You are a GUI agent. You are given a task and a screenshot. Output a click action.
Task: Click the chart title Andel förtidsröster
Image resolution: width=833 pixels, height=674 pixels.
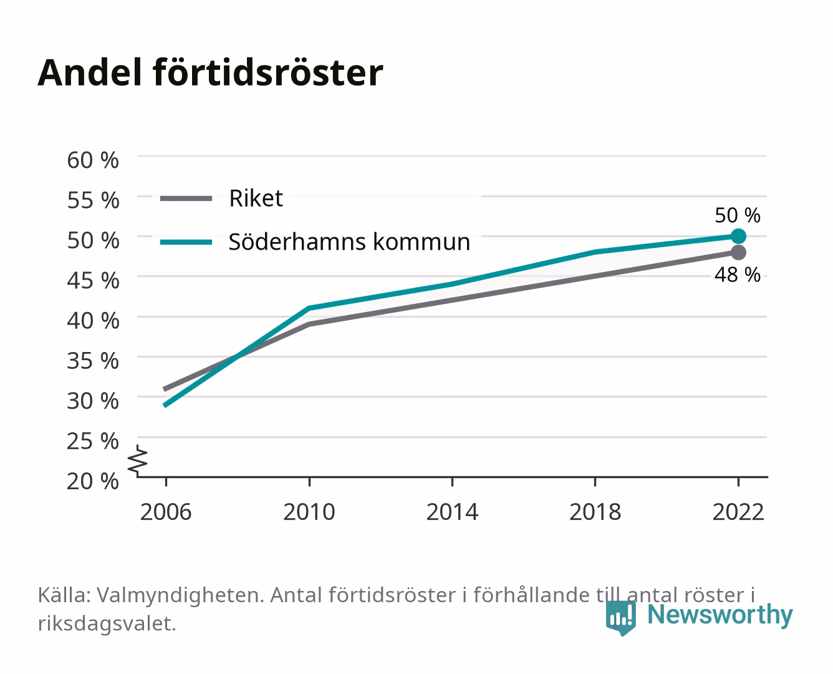click(210, 73)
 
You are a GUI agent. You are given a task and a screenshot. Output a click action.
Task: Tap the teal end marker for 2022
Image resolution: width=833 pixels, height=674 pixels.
click(738, 236)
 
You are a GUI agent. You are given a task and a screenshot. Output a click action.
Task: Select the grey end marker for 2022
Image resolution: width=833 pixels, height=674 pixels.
click(738, 253)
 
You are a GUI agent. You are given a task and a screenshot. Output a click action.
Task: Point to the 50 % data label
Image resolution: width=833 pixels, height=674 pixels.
click(738, 215)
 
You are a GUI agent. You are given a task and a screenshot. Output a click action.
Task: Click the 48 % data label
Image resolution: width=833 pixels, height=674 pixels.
click(738, 275)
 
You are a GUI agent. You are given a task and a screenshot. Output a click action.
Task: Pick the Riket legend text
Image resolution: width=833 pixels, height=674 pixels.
click(256, 198)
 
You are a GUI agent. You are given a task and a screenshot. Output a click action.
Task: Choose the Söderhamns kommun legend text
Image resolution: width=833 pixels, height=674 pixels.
click(349, 242)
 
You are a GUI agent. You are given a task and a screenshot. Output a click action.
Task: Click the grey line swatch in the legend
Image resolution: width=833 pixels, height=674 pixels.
click(186, 198)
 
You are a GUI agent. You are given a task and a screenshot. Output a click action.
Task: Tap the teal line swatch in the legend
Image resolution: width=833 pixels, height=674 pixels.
click(186, 242)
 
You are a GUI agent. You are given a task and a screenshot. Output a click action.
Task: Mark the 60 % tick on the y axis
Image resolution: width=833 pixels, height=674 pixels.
click(93, 160)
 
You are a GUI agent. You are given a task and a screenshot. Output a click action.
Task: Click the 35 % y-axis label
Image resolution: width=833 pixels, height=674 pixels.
click(93, 361)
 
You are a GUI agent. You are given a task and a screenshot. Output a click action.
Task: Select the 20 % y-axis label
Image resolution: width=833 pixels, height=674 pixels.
click(93, 481)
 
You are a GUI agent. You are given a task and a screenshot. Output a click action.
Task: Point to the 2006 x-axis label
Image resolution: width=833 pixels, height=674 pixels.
click(166, 512)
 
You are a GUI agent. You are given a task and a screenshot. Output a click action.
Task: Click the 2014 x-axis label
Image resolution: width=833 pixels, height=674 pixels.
click(452, 512)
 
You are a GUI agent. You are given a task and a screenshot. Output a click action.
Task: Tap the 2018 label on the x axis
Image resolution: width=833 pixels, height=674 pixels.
click(595, 512)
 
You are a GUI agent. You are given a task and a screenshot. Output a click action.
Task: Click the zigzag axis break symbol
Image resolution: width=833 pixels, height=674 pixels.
click(138, 461)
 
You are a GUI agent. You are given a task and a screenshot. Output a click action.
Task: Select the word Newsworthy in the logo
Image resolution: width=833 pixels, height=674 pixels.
click(720, 615)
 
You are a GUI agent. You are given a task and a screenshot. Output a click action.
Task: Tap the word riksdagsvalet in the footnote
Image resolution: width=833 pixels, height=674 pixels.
click(107, 623)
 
